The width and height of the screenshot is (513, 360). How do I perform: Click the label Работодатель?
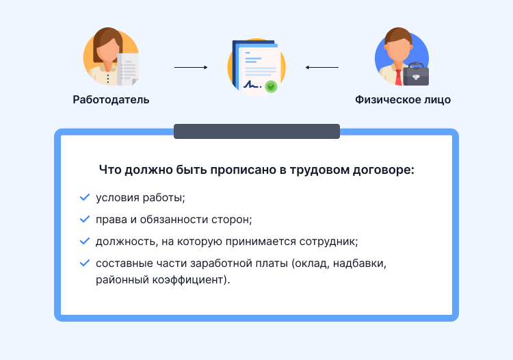click(111, 100)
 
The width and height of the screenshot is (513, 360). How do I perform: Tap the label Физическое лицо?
click(403, 100)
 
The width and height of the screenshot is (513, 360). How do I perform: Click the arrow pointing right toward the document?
click(191, 68)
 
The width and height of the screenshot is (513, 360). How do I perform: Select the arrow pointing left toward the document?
click(321, 68)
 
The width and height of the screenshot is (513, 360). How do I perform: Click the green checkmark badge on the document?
click(272, 87)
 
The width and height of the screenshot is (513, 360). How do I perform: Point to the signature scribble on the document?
click(252, 85)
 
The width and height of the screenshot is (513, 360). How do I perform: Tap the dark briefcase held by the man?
click(415, 74)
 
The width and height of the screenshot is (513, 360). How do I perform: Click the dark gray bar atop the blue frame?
click(256, 131)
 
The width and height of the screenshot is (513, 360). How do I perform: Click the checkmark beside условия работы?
click(85, 198)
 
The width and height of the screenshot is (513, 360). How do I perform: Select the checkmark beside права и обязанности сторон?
click(85, 220)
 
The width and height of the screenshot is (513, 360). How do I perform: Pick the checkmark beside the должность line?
click(85, 242)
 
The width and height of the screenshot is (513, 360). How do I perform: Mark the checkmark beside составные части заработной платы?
click(85, 263)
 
